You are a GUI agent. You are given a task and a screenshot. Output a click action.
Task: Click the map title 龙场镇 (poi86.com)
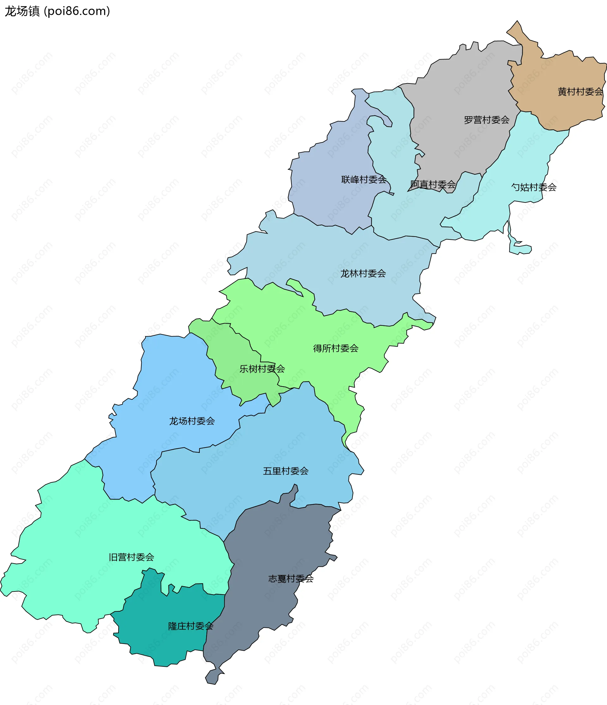tap(57, 12)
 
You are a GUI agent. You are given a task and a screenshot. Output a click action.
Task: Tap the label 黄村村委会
tap(580, 92)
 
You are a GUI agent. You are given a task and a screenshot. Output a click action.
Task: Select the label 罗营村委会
tap(486, 120)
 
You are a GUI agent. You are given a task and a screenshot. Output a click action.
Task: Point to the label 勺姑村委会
tap(534, 187)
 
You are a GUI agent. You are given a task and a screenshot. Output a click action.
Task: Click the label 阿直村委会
tap(432, 184)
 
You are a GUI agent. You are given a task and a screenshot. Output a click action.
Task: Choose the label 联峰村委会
tap(364, 179)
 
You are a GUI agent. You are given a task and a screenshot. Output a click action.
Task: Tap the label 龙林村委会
tap(363, 274)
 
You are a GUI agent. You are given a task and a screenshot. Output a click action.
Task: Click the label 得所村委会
tap(336, 349)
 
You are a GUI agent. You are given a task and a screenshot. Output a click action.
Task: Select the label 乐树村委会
tap(262, 369)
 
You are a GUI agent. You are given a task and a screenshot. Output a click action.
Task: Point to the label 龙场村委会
tap(192, 421)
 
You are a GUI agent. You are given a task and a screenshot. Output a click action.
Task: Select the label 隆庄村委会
tap(190, 626)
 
